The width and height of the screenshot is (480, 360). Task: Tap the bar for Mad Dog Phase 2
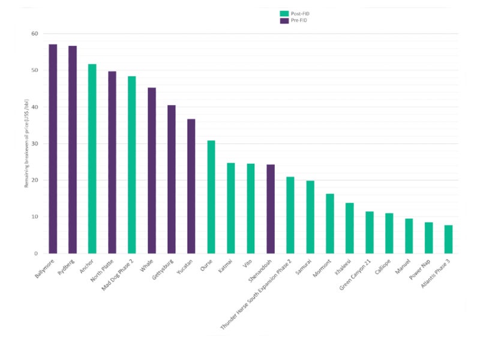[132, 164]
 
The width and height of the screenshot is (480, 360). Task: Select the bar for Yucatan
[191, 186]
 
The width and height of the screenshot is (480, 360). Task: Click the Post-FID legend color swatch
[284, 13]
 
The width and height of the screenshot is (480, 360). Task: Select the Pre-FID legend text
[301, 20]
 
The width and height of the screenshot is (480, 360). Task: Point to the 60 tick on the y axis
[35, 34]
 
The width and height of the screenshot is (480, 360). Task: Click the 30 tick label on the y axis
[35, 143]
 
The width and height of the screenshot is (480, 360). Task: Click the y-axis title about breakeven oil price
[27, 144]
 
